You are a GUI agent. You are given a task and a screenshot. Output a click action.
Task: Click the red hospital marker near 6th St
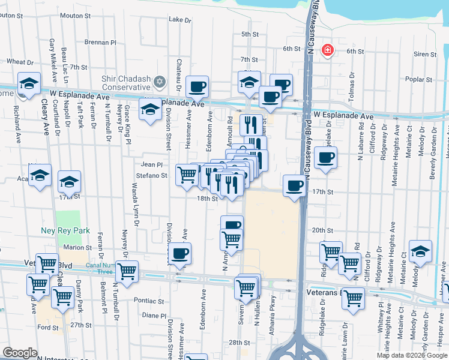328,50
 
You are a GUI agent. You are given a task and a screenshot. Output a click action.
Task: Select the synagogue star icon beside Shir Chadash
159,81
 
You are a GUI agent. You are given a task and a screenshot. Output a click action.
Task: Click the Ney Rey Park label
74,230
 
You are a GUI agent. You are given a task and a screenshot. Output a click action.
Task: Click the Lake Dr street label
179,19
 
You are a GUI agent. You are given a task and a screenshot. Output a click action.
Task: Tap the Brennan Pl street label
100,43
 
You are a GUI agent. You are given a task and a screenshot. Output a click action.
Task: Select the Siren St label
424,54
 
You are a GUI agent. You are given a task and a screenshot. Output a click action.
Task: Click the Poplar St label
418,79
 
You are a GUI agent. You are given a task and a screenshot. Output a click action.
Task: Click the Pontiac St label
149,301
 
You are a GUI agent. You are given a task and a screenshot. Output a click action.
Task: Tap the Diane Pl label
154,315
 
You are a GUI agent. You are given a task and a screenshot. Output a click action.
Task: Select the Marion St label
77,247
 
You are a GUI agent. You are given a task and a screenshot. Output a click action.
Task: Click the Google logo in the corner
20,353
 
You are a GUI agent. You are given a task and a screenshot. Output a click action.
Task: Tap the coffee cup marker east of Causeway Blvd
325,158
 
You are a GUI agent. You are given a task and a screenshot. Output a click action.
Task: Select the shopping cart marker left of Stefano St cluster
187,175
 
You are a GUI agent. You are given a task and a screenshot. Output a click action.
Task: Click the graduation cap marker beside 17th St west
69,181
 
